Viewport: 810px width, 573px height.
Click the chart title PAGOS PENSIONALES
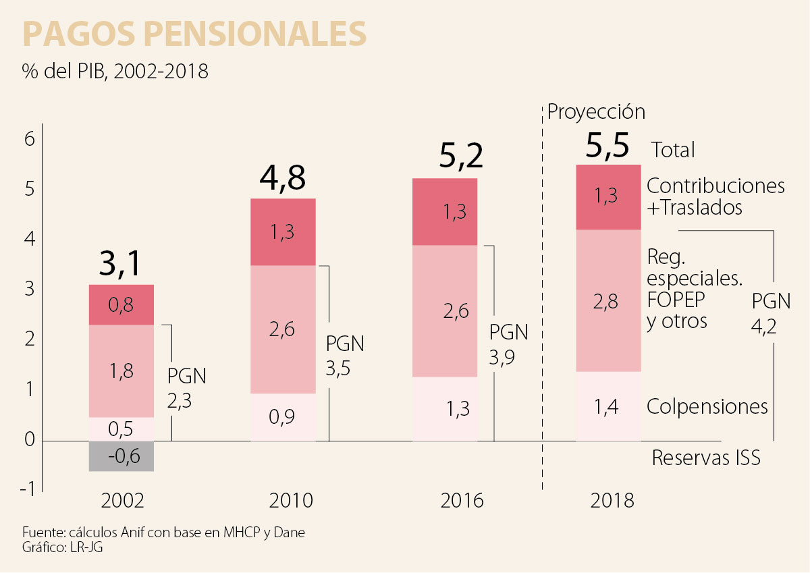tap(195, 33)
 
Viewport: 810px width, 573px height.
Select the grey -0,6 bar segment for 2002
tap(122, 456)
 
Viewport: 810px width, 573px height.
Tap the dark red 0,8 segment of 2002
tap(122, 305)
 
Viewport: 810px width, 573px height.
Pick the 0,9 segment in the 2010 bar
tap(283, 417)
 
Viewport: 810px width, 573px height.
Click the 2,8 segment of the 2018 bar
tap(607, 301)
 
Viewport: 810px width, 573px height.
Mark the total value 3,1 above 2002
tap(122, 263)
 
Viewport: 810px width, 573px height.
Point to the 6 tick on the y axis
tap(29, 140)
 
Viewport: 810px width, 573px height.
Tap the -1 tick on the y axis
tap(27, 489)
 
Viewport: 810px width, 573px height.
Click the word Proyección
tap(596, 111)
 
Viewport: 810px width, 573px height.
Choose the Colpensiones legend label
tap(707, 407)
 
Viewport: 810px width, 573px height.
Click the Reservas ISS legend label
tap(706, 458)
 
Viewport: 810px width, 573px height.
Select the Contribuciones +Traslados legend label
tap(715, 196)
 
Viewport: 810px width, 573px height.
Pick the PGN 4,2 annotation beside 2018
tap(769, 312)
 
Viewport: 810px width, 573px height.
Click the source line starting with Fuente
tap(163, 533)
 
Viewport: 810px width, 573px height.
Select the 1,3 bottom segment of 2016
tap(445, 409)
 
